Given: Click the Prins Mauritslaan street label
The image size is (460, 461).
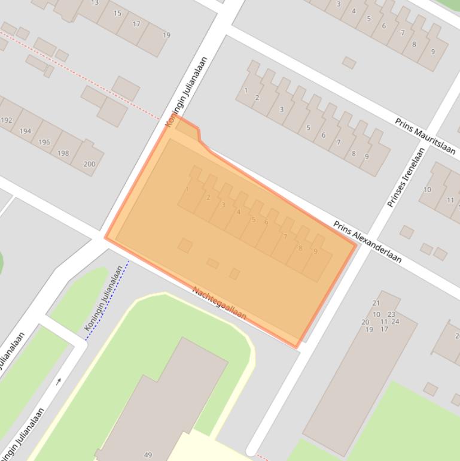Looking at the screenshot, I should pyautogui.click(x=425, y=136).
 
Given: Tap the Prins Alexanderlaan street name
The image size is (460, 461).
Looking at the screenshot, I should pyautogui.click(x=367, y=242).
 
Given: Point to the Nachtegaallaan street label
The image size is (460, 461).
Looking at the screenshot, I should pyautogui.click(x=219, y=303).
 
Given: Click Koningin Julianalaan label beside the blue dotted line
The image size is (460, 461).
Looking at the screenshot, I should pyautogui.click(x=106, y=299).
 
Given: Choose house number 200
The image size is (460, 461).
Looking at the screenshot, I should pyautogui.click(x=89, y=164).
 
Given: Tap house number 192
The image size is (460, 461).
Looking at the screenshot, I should pyautogui.click(x=7, y=120).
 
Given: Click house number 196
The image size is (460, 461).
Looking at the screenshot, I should pyautogui.click(x=44, y=142).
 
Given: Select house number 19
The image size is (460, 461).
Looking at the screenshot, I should pyautogui.click(x=166, y=35).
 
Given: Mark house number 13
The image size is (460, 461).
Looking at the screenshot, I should pyautogui.click(x=95, y=3).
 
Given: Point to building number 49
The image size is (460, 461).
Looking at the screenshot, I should pyautogui.click(x=148, y=455).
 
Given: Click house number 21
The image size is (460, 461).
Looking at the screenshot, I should pyautogui.click(x=376, y=303).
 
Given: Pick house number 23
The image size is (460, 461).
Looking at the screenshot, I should pyautogui.click(x=391, y=314).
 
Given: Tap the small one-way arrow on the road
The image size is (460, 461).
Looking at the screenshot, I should pyautogui.click(x=59, y=381).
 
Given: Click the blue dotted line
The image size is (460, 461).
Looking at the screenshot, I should pyautogui.click(x=108, y=299).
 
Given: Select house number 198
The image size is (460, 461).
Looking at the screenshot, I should pyautogui.click(x=63, y=153).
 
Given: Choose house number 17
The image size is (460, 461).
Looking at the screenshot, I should pyautogui.click(x=136, y=24).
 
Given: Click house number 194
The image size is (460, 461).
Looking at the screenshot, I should pyautogui.click(x=25, y=131).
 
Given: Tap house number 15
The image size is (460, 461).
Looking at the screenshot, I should pyautogui.click(x=117, y=13).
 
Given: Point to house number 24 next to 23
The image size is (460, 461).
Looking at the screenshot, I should pyautogui.click(x=395, y=322).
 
